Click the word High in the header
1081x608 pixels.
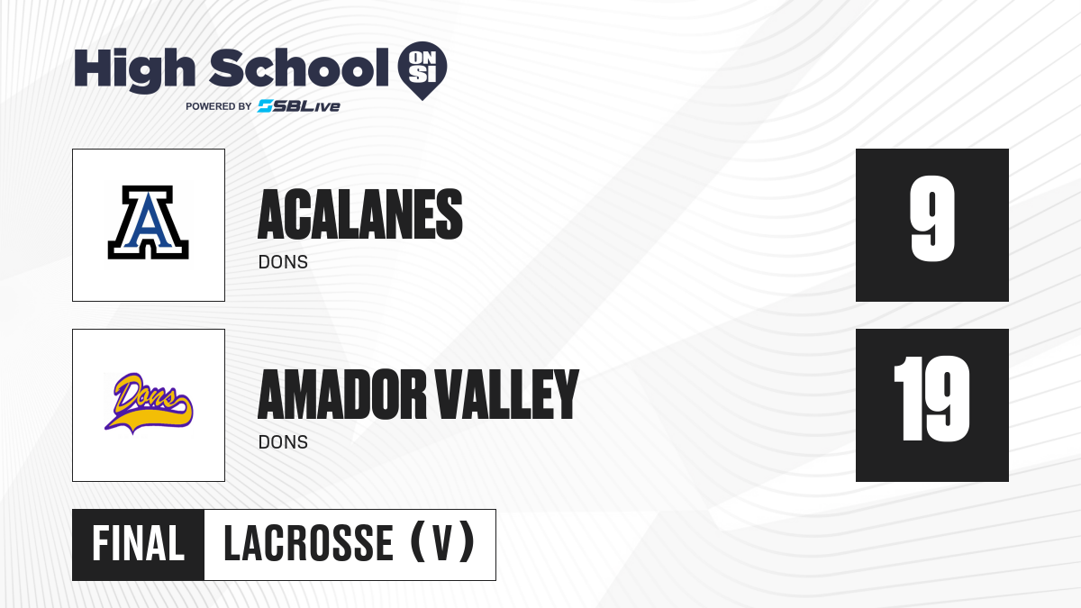134,70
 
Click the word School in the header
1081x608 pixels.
299,68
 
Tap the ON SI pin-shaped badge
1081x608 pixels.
422,70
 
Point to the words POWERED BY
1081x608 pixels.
219,106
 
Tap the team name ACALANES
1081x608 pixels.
360,214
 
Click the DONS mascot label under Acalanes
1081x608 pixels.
283,262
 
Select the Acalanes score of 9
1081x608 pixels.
932,219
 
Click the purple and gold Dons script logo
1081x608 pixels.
149,403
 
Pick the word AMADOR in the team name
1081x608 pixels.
342,395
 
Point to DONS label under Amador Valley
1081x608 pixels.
283,442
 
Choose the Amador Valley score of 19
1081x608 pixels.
931,398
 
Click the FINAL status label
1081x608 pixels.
139,543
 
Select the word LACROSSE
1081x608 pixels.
309,543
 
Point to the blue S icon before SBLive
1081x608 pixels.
266,106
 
